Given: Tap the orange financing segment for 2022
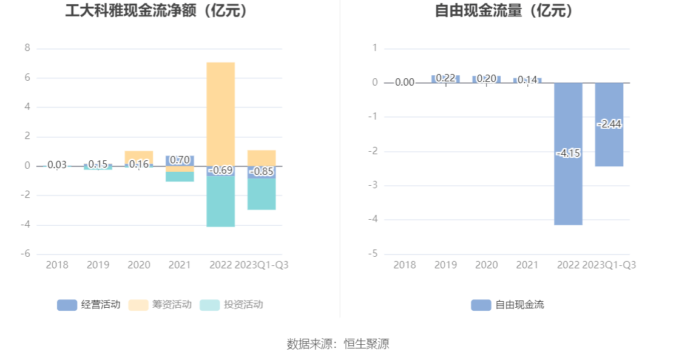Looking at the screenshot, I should coord(220,112).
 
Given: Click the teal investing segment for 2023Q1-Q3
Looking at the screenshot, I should coord(262,194).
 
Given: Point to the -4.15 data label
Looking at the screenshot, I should coord(568,153).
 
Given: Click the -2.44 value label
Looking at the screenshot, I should coord(609,124).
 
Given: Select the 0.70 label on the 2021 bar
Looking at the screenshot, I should coord(180,160).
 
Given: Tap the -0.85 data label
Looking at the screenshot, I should coord(262,172).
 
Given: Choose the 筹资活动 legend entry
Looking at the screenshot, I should coord(160,305).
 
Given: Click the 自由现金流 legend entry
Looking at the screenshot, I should coord(507,305).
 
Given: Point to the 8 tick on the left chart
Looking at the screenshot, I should coord(27,48).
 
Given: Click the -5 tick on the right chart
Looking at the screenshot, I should coord(374,254).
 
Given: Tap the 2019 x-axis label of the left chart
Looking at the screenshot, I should coord(98,265).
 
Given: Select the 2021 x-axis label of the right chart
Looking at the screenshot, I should coord(527,265).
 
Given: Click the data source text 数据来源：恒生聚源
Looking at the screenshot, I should coord(337,344).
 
